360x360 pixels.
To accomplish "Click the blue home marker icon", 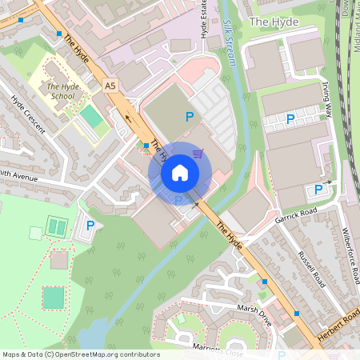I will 180,173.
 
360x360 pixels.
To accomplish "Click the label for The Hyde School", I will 61,91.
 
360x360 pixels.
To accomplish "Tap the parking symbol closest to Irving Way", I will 291,119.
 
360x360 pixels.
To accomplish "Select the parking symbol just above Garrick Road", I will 318,189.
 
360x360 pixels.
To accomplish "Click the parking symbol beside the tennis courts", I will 90,226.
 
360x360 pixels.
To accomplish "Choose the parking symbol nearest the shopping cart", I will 190,117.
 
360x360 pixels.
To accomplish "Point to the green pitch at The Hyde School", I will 91,118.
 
